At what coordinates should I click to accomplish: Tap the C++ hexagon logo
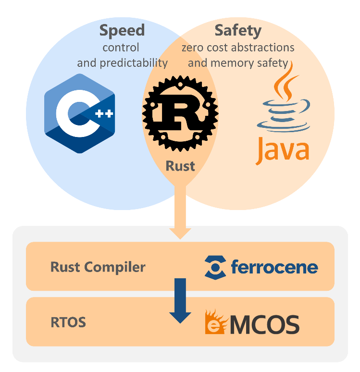(80, 113)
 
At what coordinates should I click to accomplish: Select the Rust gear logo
(180, 113)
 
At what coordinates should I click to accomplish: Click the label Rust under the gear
(180, 166)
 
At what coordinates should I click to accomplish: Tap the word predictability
(134, 63)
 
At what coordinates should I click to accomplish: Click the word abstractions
(263, 48)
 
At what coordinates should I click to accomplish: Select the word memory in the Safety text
(229, 63)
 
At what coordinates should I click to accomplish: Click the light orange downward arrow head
(180, 234)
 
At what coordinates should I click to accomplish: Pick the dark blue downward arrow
(180, 300)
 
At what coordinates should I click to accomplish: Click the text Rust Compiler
(98, 267)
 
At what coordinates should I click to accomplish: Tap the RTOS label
(68, 322)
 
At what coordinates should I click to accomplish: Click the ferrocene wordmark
(274, 267)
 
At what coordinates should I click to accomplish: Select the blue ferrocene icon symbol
(215, 267)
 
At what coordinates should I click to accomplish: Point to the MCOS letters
(265, 324)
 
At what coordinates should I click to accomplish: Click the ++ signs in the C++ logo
(104, 113)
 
